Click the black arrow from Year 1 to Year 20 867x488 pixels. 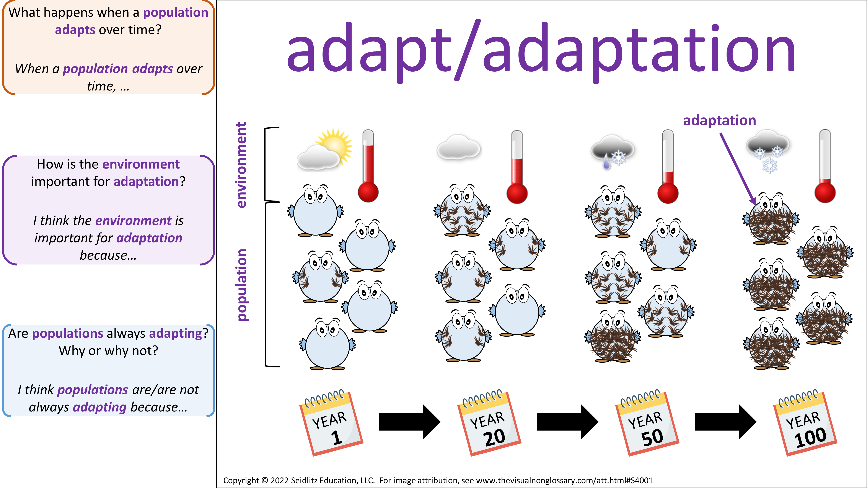click(x=410, y=422)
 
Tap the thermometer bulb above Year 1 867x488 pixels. click(x=368, y=192)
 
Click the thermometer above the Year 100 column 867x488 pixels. click(x=825, y=166)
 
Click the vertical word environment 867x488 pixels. click(x=241, y=165)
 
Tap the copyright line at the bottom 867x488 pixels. click(x=438, y=480)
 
